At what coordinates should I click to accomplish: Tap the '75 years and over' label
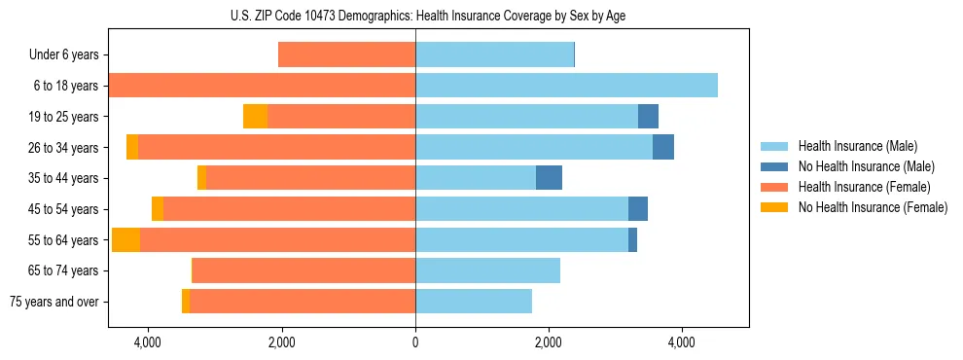[x=54, y=302]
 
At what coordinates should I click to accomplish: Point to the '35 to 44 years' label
[x=63, y=178]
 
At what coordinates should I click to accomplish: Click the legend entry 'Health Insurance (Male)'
[x=851, y=147]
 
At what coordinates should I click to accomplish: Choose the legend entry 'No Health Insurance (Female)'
[x=873, y=207]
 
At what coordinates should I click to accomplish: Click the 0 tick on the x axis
[x=415, y=342]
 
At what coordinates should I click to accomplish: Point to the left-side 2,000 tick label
[x=281, y=342]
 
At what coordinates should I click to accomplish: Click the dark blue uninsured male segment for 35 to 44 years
[x=549, y=178]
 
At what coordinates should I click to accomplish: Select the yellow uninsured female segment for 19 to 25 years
[x=255, y=117]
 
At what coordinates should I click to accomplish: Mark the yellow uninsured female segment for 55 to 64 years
[x=125, y=239]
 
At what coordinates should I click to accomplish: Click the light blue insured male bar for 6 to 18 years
[x=566, y=86]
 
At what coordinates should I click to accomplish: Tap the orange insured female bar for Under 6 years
[x=346, y=55]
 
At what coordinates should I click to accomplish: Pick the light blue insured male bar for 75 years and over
[x=474, y=302]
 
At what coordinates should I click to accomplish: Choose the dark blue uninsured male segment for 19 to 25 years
[x=648, y=117]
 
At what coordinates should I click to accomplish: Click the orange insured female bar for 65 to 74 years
[x=303, y=270]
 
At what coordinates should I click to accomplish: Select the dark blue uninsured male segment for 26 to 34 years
[x=663, y=147]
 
